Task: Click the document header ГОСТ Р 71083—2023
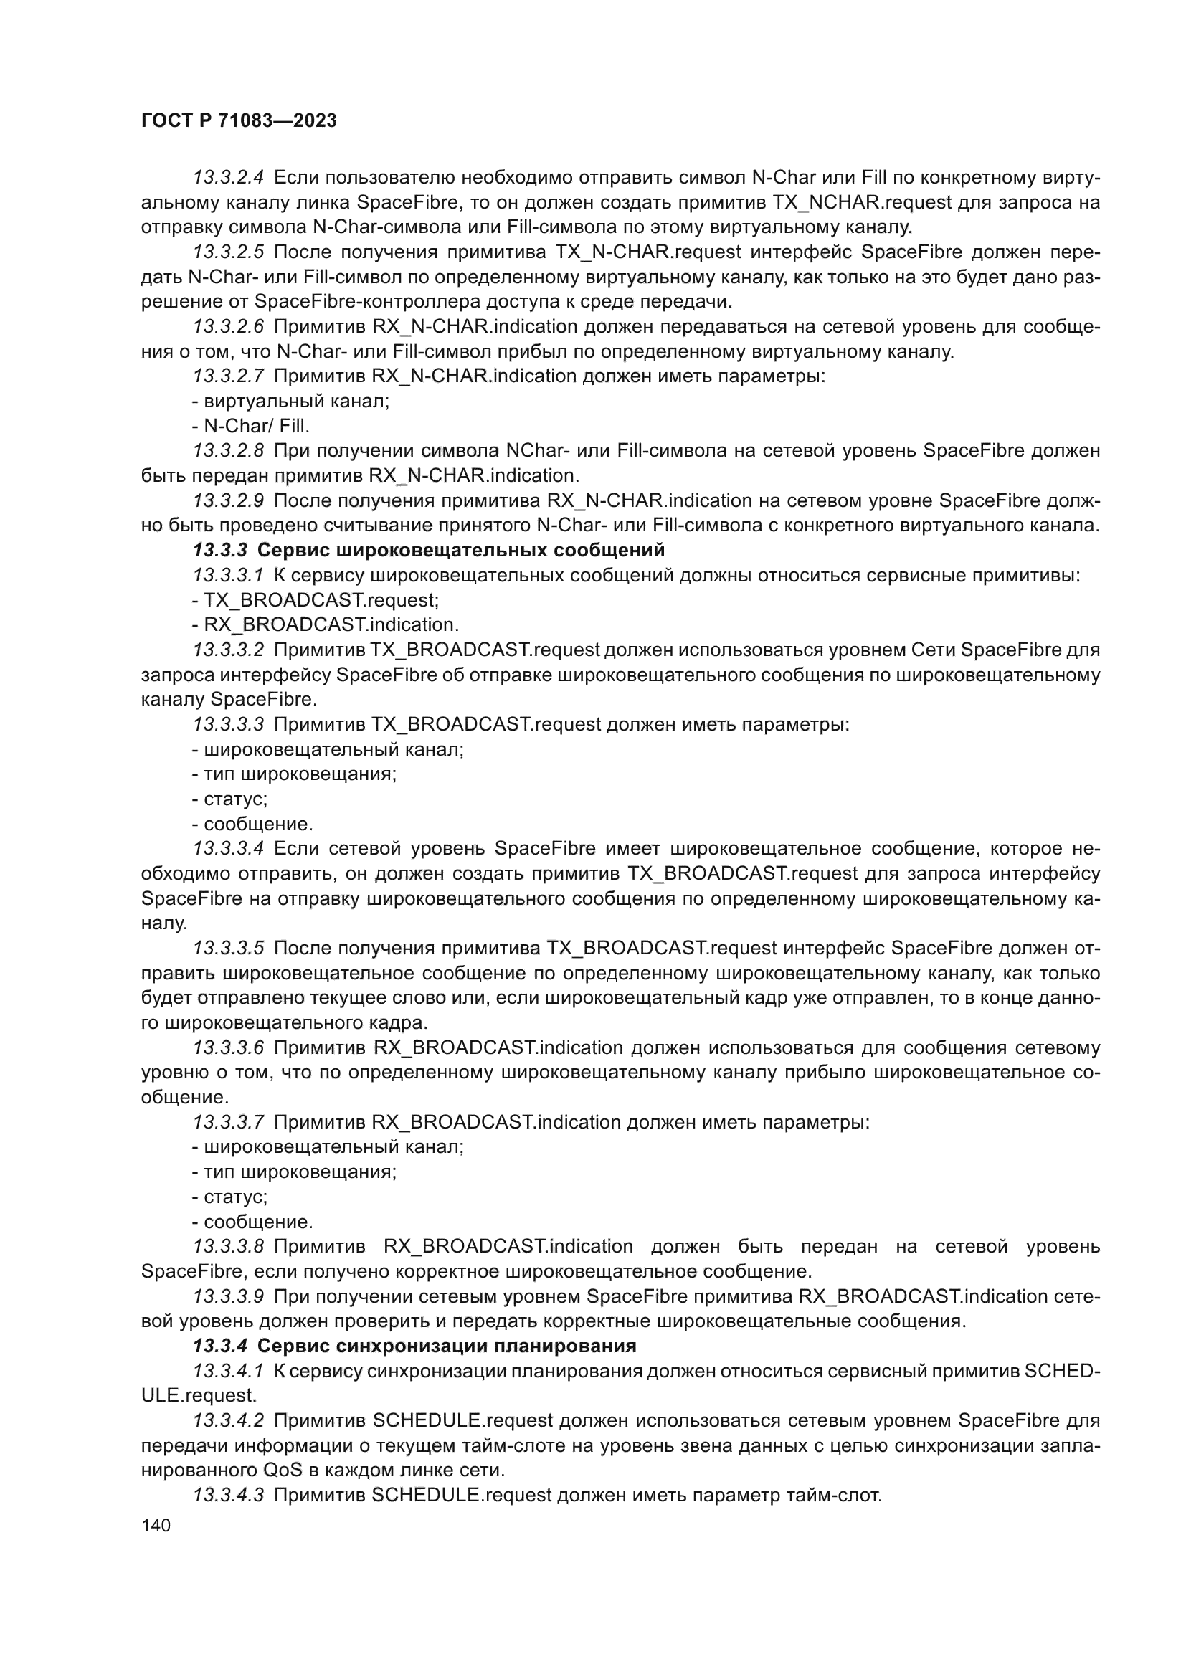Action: click(239, 121)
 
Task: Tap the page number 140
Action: click(156, 1525)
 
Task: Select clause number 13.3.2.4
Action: click(228, 178)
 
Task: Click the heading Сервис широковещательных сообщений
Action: click(461, 550)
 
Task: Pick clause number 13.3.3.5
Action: click(228, 948)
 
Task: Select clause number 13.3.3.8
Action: click(228, 1246)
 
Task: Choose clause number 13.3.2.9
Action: click(228, 500)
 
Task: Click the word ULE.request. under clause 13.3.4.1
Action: click(199, 1395)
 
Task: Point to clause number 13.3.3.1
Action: click(228, 576)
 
